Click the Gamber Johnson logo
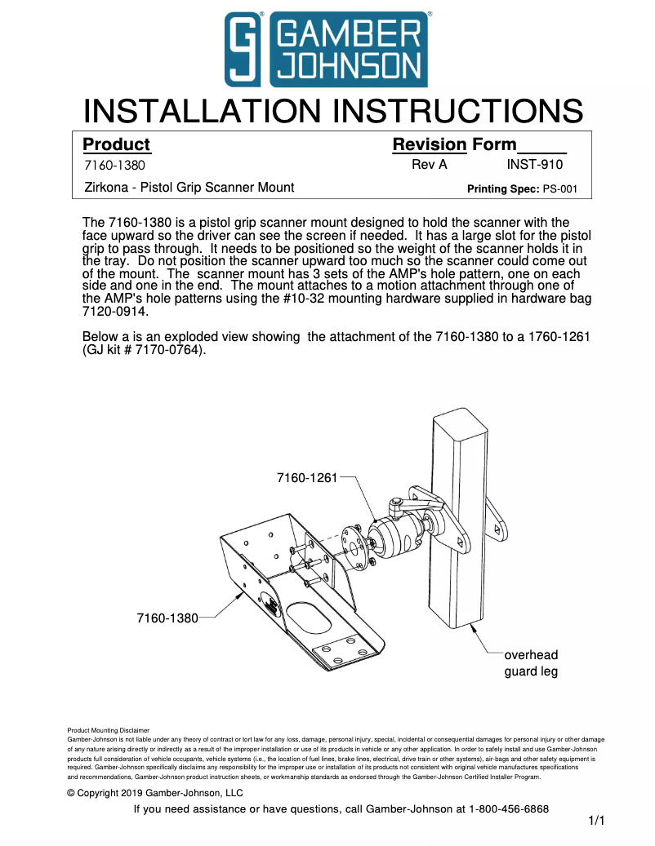point(327,49)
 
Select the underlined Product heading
point(117,144)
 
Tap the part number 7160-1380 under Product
point(115,166)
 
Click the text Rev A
point(430,165)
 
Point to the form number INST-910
point(534,165)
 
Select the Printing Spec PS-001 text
point(522,188)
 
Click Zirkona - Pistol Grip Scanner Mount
point(189,188)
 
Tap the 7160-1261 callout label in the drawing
point(307,477)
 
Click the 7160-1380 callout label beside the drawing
point(167,618)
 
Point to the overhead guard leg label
point(531,663)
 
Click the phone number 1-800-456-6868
point(498,809)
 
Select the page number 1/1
point(596,822)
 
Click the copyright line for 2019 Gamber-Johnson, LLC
point(155,792)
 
